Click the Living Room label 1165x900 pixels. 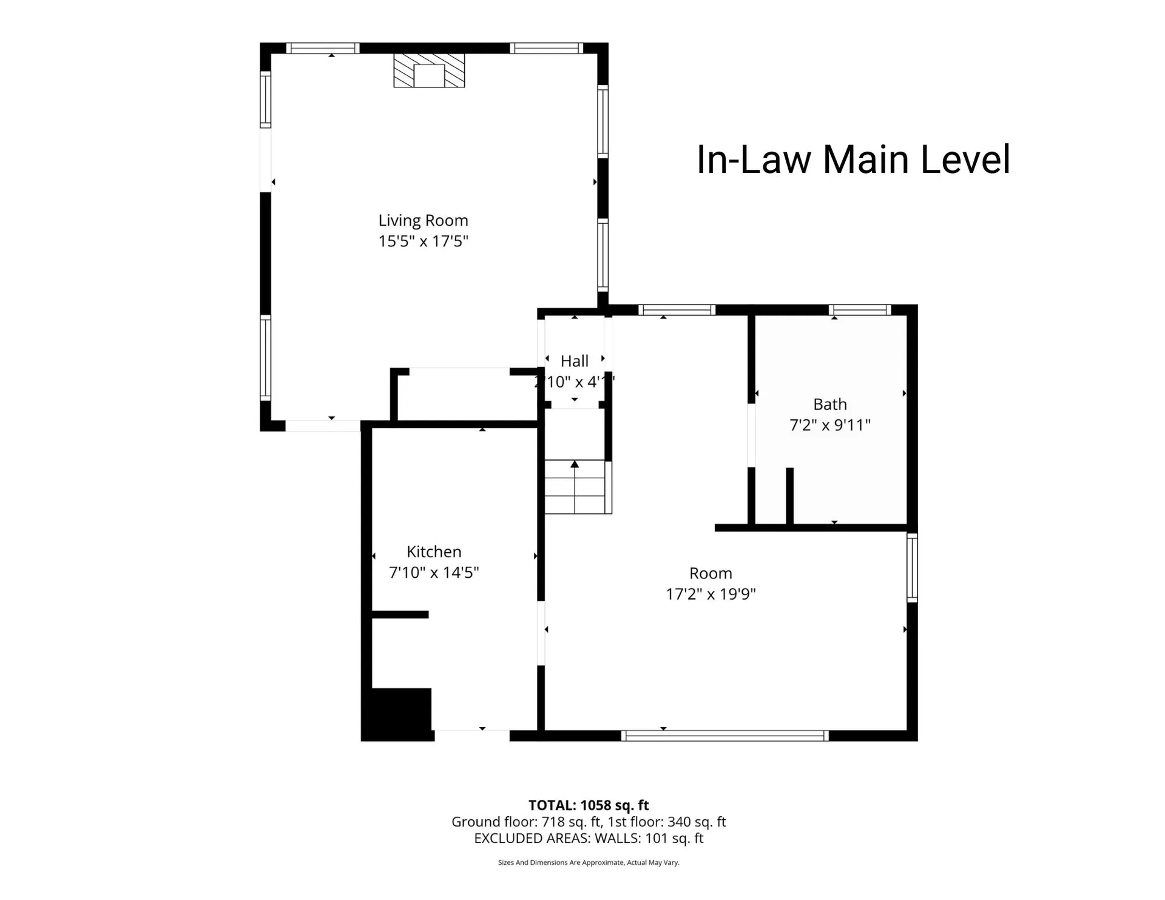[x=423, y=220]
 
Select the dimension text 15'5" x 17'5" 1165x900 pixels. [x=423, y=241]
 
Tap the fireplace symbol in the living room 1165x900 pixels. [x=429, y=71]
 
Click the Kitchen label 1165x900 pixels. [x=434, y=552]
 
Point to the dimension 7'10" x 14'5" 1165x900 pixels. [x=434, y=572]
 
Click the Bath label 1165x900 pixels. [x=829, y=404]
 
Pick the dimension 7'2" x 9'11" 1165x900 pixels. [x=829, y=425]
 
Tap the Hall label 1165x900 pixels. [x=574, y=361]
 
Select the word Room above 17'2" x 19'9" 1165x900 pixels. [x=711, y=573]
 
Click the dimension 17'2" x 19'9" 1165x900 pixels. [x=711, y=594]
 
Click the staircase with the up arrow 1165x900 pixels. [x=575, y=487]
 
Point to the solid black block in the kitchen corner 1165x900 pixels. [x=397, y=714]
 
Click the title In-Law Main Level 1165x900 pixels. [x=853, y=160]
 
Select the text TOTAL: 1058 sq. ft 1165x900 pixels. [x=588, y=805]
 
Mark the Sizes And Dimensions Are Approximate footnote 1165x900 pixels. [x=588, y=862]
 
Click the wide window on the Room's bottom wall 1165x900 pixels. [x=724, y=736]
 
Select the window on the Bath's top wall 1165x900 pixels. [x=860, y=310]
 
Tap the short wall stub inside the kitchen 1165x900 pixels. [x=400, y=615]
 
